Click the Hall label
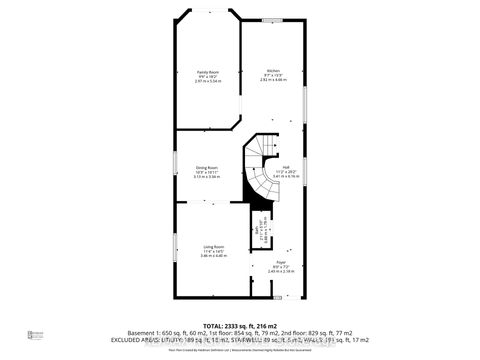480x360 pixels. point(286,166)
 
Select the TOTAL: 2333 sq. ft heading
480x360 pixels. point(240,325)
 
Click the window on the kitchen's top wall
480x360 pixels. point(270,20)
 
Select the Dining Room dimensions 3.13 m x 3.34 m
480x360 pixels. point(207,176)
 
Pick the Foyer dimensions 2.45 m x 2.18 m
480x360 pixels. point(279,272)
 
